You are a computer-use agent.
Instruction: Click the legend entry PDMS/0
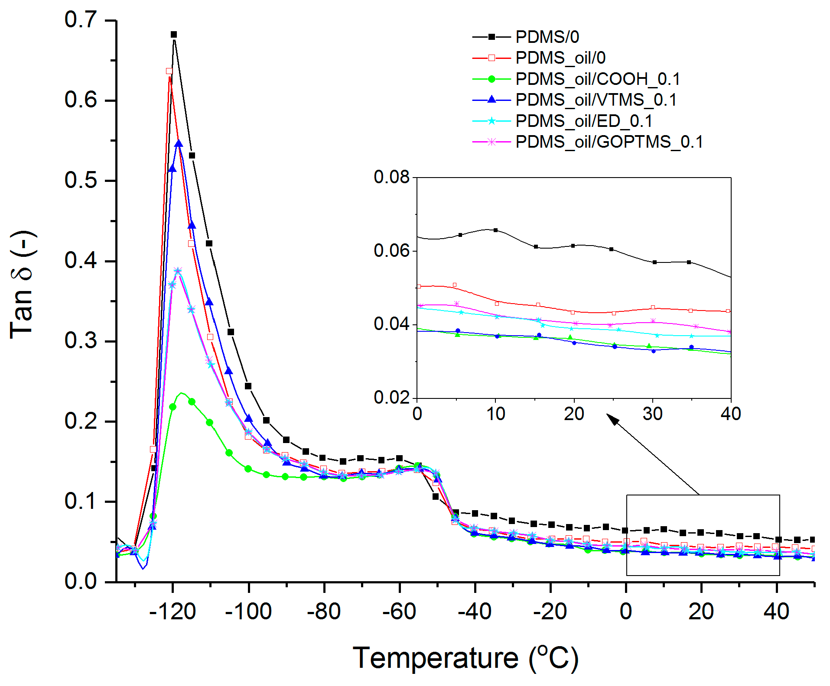tap(547, 37)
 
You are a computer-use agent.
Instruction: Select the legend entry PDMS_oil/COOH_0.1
tap(597, 79)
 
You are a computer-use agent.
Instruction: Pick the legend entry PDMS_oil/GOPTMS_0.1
tap(609, 142)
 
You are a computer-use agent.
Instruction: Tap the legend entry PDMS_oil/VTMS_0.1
tap(596, 100)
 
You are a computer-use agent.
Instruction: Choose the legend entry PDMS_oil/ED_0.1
tap(583, 121)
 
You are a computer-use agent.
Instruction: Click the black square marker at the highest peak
tap(174, 35)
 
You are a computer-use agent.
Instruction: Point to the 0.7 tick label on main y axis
tap(81, 20)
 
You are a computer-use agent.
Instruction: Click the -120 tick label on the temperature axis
tap(173, 612)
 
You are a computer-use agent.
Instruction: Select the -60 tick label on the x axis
tap(399, 612)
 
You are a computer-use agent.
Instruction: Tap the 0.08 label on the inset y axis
tap(391, 177)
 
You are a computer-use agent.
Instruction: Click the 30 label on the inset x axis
tap(652, 414)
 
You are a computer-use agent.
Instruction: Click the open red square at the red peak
tap(169, 71)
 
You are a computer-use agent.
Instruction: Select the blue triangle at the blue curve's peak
tap(179, 144)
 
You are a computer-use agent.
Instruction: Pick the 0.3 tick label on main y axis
tap(81, 341)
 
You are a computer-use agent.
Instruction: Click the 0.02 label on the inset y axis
tap(391, 398)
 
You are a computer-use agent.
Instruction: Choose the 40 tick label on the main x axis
tap(776, 612)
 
